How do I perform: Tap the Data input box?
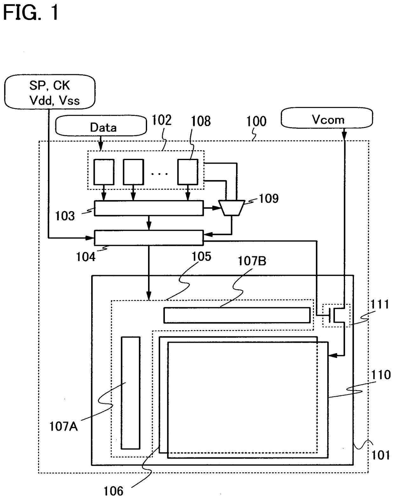(x=101, y=126)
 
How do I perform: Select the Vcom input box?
(x=327, y=118)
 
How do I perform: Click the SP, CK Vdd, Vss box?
(x=50, y=91)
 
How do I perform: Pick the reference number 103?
(x=65, y=216)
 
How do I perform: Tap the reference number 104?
(x=85, y=257)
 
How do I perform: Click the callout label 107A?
(x=63, y=427)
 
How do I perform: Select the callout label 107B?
(x=252, y=261)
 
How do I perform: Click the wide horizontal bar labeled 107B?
(x=237, y=315)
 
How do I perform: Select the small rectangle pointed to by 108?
(x=188, y=172)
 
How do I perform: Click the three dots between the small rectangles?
(x=160, y=174)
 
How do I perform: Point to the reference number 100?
(x=256, y=121)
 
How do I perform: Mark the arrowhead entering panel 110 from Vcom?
(x=332, y=355)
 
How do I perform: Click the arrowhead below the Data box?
(x=100, y=146)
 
